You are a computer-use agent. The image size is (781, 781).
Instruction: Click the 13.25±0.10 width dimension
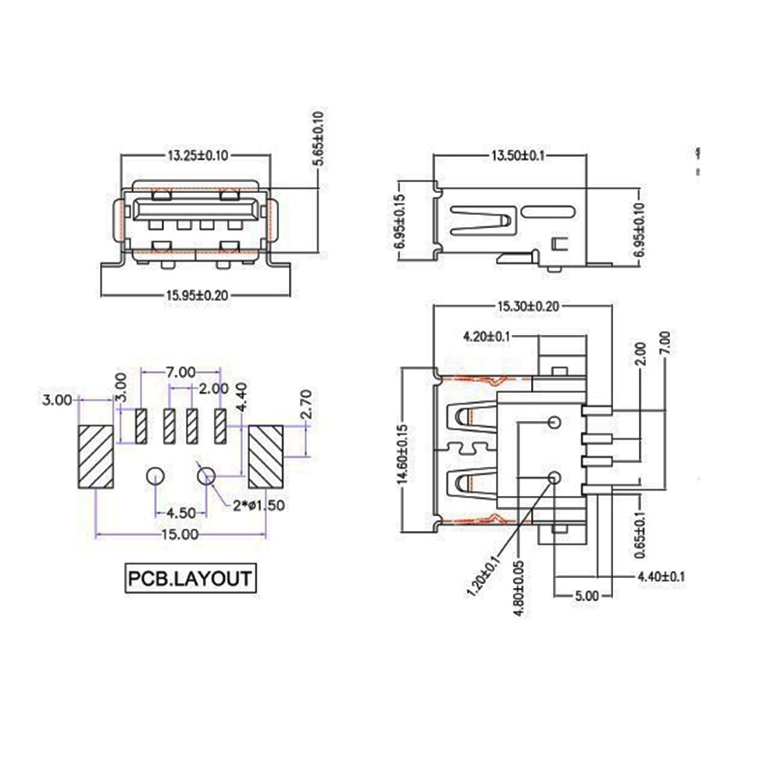pos(197,155)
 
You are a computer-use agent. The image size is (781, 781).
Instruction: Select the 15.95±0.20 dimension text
pos(197,294)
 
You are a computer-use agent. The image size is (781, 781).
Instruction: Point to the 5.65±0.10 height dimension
pos(318,137)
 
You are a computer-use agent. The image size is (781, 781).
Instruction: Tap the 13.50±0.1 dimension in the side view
pos(516,155)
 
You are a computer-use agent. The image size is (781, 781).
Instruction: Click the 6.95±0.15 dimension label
pos(399,221)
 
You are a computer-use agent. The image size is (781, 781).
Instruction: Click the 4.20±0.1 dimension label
pos(487,337)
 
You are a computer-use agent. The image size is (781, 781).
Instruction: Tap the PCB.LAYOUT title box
pos(189,580)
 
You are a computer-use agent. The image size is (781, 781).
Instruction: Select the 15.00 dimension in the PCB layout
pos(179,534)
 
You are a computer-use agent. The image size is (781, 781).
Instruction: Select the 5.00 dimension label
pos(586,595)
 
